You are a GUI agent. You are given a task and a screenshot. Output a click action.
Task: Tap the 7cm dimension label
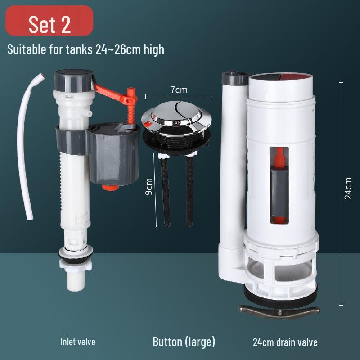179,90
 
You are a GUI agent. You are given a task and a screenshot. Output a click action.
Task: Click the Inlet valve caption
78,342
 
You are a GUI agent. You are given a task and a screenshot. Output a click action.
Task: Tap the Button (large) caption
184,342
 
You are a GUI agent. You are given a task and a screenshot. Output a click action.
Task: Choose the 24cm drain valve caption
285,342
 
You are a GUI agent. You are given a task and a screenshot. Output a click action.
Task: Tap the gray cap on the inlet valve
72,81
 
